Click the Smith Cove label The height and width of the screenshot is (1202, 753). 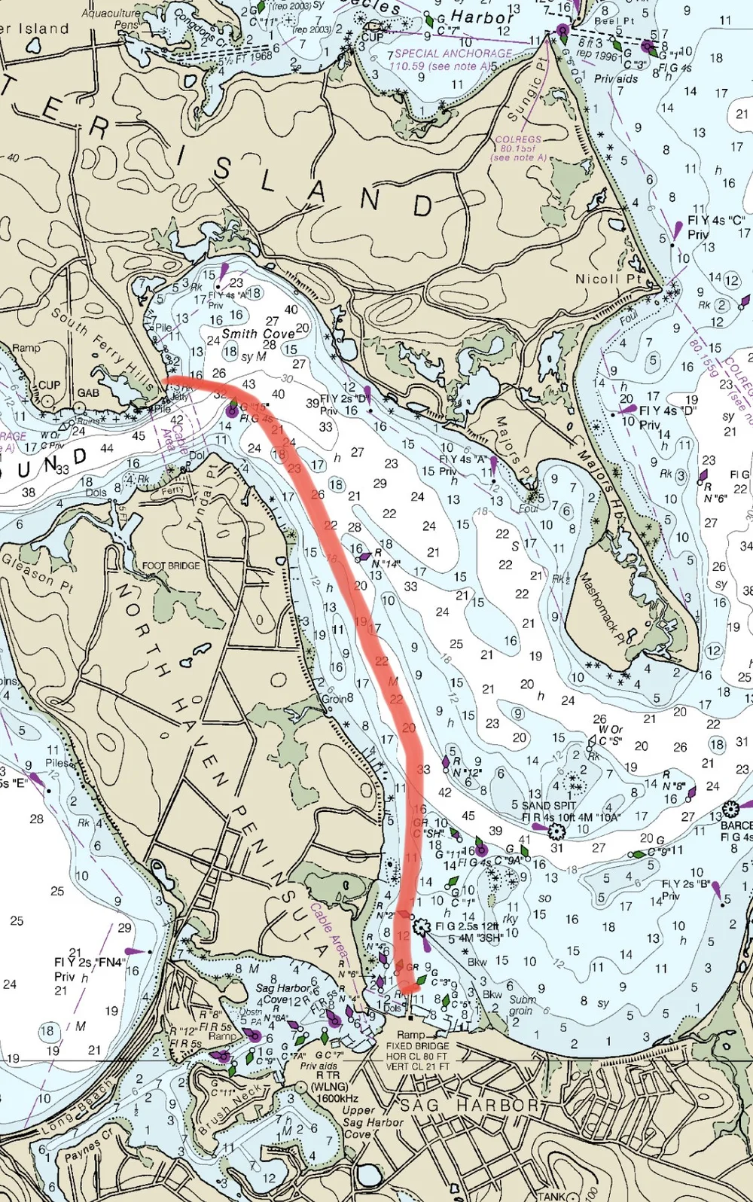pos(258,334)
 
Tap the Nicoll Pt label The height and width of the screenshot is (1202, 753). pos(608,279)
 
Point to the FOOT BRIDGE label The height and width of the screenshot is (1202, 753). pos(171,566)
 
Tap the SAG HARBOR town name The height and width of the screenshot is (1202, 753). pos(470,1106)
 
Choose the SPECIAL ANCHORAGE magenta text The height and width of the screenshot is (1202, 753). pos(453,53)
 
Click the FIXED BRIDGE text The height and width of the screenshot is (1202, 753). pos(417,1046)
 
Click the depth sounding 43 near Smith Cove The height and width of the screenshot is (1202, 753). pos(249,384)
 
